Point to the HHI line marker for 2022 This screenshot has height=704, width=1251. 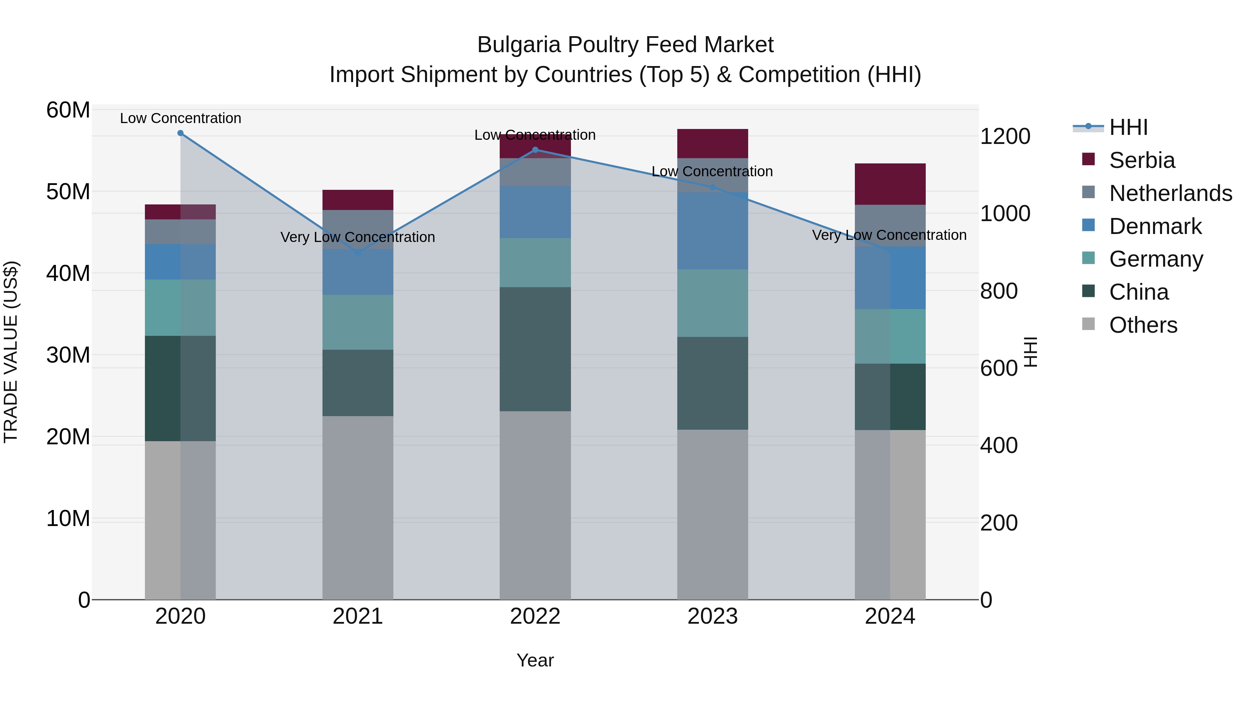pos(535,149)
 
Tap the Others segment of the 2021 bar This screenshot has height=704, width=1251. pos(358,508)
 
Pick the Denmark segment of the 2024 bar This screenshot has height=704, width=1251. pos(890,278)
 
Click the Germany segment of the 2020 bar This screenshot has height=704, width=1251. pos(180,308)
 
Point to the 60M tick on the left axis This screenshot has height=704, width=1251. pos(68,110)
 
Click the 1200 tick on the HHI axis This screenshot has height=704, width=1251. pos(1005,137)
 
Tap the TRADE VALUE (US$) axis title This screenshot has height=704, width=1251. pos(11,352)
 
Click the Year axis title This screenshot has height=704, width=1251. pos(535,661)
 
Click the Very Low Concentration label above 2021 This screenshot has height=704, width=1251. pos(358,237)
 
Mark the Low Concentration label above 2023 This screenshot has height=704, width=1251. pos(712,171)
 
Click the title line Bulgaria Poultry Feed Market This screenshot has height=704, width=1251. pos(625,45)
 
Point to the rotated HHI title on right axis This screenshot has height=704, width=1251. pos(1030,352)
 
